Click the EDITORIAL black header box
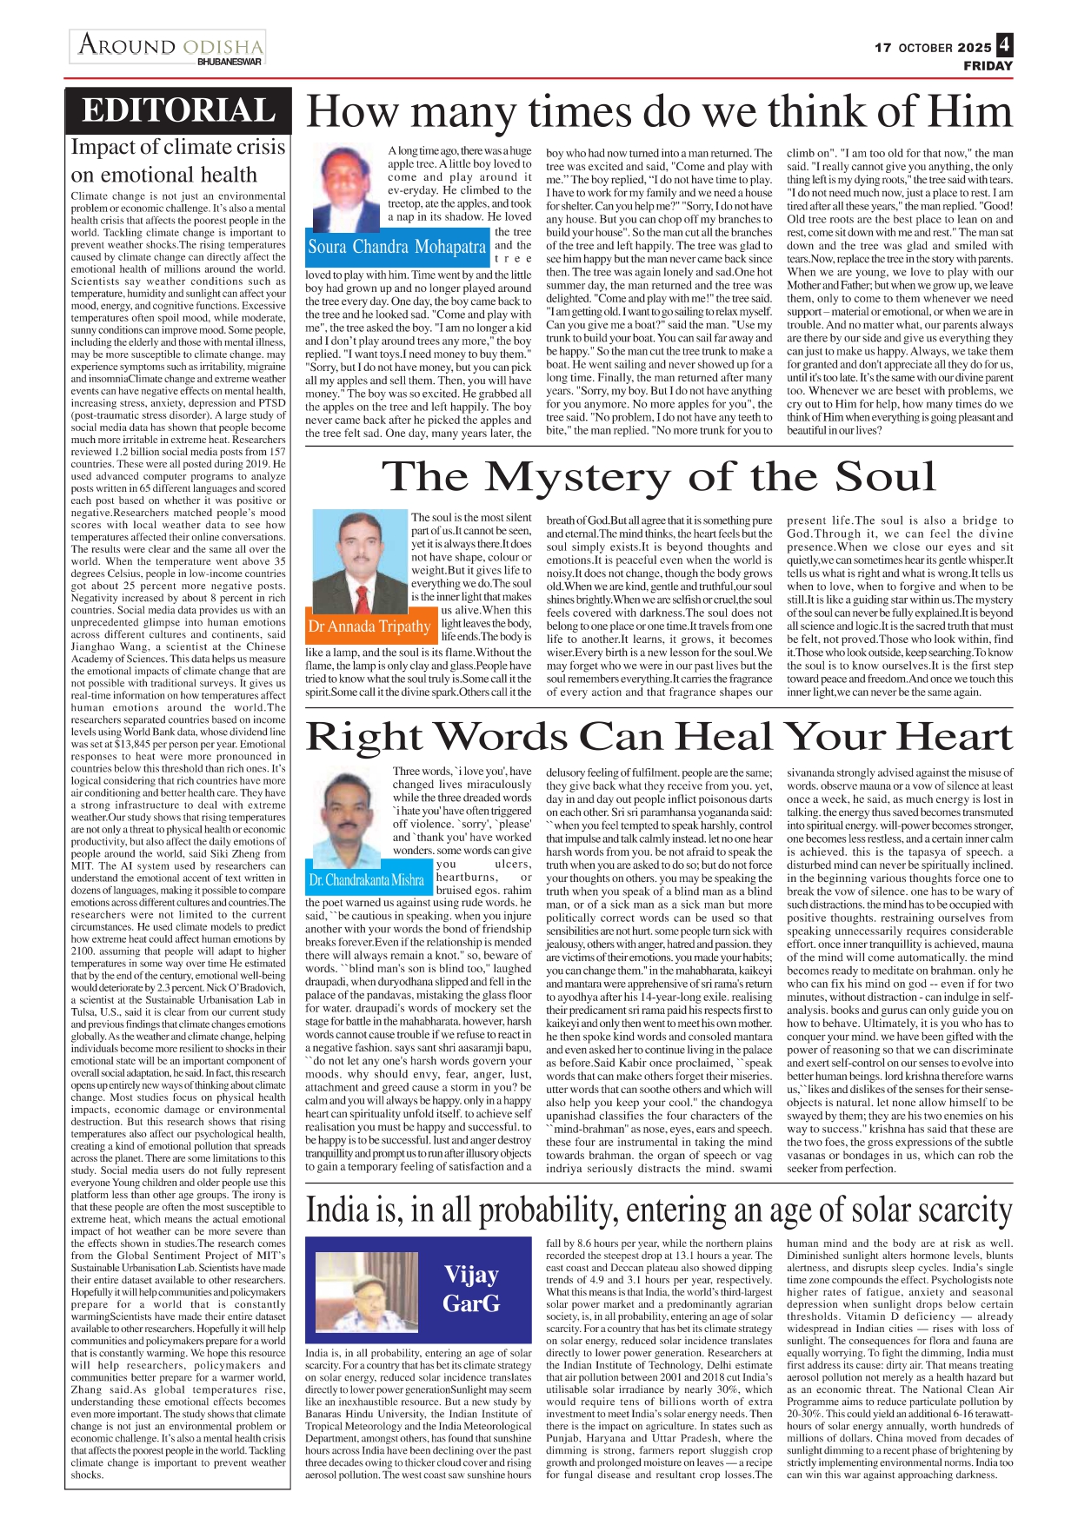point(178,110)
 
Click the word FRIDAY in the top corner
point(988,66)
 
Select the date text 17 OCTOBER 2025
point(932,48)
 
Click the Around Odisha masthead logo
point(170,45)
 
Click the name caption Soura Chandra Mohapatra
point(396,248)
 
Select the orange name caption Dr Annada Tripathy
point(369,627)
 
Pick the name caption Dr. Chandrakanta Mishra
point(366,880)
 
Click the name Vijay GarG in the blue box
point(471,1288)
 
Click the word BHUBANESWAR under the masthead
point(230,62)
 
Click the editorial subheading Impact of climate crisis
point(178,147)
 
